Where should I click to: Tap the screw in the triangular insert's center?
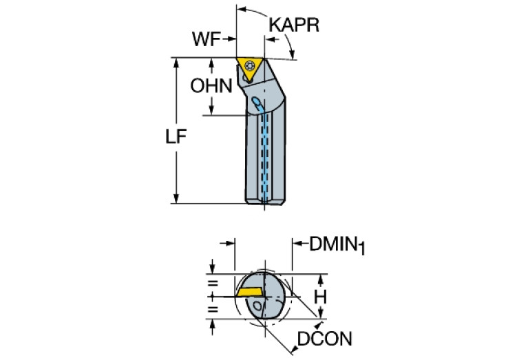pyautogui.click(x=249, y=67)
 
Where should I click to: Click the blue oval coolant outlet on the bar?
pyautogui.click(x=257, y=104)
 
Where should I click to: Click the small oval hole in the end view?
pyautogui.click(x=258, y=304)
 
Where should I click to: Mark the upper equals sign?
pyautogui.click(x=213, y=284)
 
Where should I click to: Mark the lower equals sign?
pyautogui.click(x=213, y=310)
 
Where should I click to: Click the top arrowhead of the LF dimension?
pyautogui.click(x=177, y=62)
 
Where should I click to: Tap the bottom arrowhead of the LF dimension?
pyautogui.click(x=177, y=199)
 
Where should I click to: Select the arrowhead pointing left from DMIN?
pyautogui.click(x=298, y=243)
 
